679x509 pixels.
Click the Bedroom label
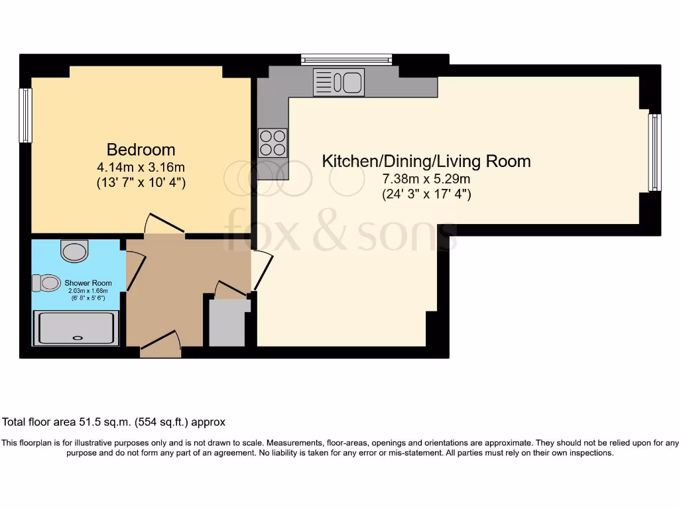tap(141, 149)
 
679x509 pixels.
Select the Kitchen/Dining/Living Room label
tap(426, 161)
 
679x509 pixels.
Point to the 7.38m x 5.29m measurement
tap(426, 179)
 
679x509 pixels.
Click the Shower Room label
tap(88, 283)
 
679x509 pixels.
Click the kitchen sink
tap(339, 83)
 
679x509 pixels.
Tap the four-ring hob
tap(273, 142)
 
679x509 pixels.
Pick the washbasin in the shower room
tap(74, 251)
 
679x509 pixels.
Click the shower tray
tap(76, 328)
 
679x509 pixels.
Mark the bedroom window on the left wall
tap(25, 115)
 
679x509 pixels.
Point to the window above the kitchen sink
tap(346, 60)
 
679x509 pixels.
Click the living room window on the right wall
tap(654, 152)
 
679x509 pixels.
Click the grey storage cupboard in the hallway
tap(227, 323)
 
